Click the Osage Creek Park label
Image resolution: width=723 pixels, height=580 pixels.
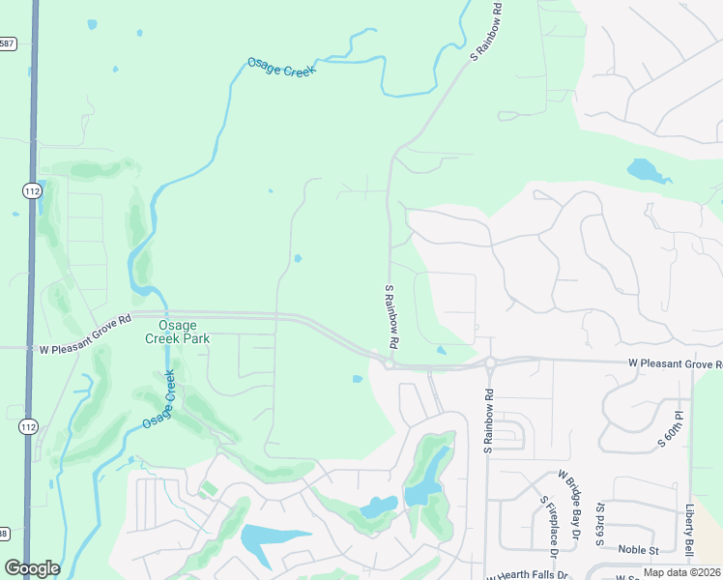point(177,331)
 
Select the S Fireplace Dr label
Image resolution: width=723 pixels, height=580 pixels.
point(550,526)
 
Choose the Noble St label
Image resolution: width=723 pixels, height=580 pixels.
point(638,550)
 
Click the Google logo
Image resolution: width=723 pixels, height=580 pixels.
point(32,568)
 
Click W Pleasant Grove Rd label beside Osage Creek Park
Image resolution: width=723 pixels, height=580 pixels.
point(85,348)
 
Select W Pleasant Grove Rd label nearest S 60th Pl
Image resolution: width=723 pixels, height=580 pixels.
point(675,364)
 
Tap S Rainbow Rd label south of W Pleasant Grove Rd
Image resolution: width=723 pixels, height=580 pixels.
point(489,421)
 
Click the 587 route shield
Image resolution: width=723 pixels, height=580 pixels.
point(6,43)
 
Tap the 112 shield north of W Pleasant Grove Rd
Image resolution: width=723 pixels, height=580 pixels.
point(32,191)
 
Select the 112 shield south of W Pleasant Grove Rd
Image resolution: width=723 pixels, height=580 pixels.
point(29,426)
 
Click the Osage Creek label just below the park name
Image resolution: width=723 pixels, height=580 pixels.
point(159,399)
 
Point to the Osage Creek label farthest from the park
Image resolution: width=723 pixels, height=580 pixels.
point(281,67)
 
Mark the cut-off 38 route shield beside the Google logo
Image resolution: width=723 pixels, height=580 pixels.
point(4,534)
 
